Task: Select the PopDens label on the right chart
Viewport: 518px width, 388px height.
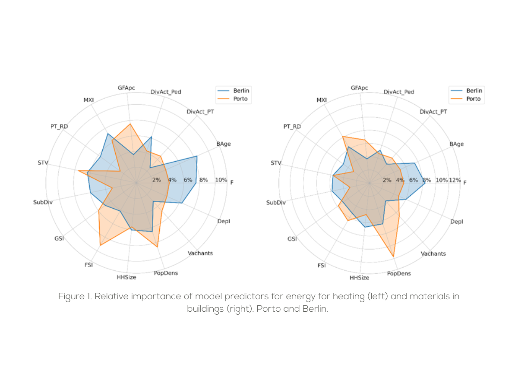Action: pyautogui.click(x=399, y=273)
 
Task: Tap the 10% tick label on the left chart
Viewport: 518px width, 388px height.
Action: pyautogui.click(x=221, y=180)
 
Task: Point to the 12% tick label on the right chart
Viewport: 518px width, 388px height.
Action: pyautogui.click(x=455, y=180)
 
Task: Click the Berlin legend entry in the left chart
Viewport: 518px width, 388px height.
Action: pyautogui.click(x=241, y=91)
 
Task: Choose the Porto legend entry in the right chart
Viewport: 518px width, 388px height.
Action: pyautogui.click(x=474, y=99)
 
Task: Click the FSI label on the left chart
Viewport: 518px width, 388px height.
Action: pyautogui.click(x=89, y=265)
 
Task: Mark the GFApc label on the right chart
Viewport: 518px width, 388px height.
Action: pyautogui.click(x=360, y=88)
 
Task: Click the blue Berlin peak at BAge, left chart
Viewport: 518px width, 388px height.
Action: pyautogui.click(x=197, y=156)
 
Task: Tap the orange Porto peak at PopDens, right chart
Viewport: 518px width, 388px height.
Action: pyautogui.click(x=394, y=257)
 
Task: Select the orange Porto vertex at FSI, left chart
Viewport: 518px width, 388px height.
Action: pyautogui.click(x=100, y=245)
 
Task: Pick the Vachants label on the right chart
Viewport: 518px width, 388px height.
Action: pyautogui.click(x=433, y=253)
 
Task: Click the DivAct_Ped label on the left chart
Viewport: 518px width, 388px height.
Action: pyautogui.click(x=166, y=92)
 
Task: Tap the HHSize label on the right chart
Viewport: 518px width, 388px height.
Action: pyautogui.click(x=359, y=278)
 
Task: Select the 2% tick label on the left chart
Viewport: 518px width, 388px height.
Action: pyautogui.click(x=156, y=180)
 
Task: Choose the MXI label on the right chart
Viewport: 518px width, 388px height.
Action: pyautogui.click(x=322, y=100)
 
